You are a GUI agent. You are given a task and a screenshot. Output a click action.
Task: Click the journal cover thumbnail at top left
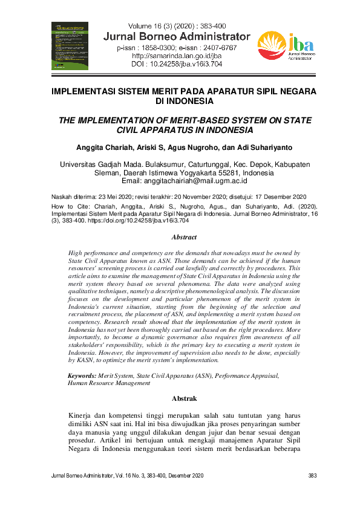pos(70,45)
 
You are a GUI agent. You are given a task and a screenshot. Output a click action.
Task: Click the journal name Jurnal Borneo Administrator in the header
pos(177,36)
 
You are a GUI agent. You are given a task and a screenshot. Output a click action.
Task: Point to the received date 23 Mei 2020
pos(110,196)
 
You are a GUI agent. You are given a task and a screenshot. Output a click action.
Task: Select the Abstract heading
pos(180,238)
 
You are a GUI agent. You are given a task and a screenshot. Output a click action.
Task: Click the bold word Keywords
pos(82,375)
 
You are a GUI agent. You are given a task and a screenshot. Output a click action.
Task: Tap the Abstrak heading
pos(180,399)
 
